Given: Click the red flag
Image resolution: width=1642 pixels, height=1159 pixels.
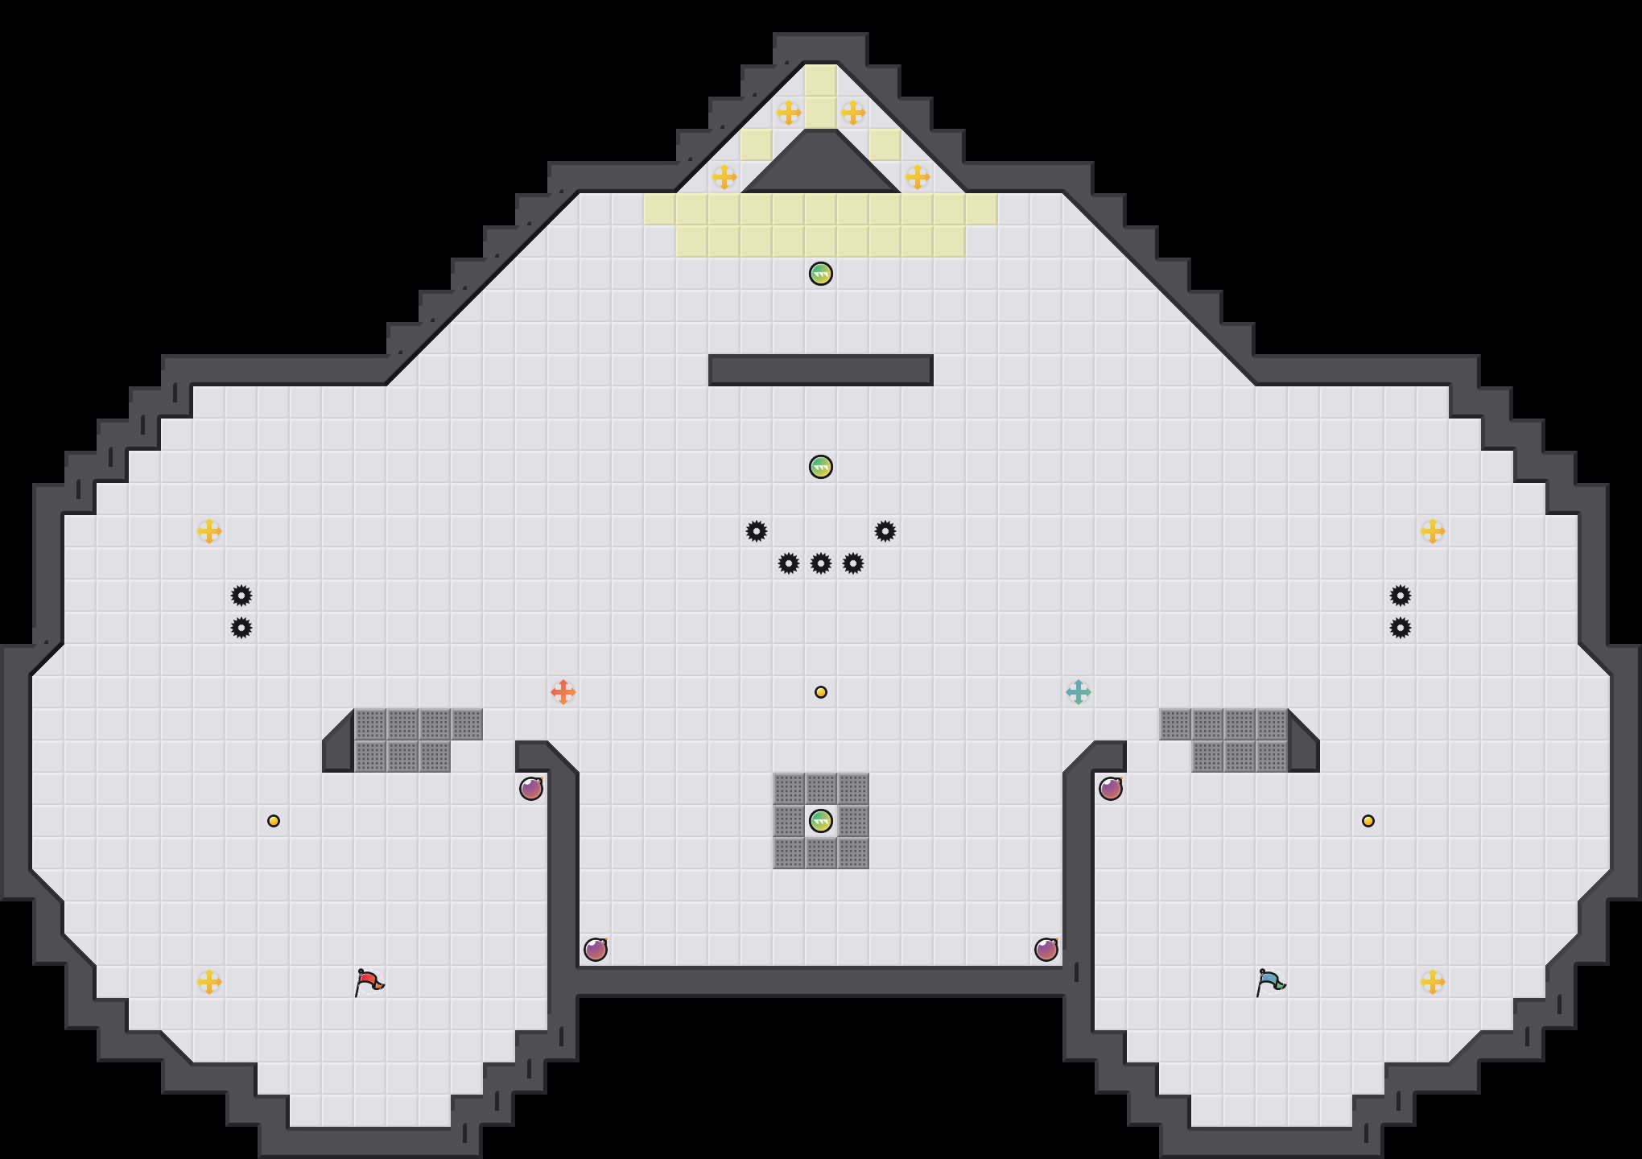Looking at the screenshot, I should point(369,982).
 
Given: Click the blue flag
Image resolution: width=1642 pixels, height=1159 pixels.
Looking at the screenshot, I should point(1270,982).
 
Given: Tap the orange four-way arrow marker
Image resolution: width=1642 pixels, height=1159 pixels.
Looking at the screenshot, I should point(563,692).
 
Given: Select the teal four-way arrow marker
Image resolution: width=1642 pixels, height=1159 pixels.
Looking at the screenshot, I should point(1079,692).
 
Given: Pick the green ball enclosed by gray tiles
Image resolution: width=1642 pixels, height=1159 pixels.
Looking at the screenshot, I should point(821,821).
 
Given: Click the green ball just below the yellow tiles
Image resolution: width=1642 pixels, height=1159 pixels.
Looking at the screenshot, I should point(821,274).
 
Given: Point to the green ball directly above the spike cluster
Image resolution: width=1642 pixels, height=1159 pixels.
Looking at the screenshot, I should point(821,467).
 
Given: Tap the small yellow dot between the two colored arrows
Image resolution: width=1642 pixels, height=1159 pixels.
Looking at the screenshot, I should point(821,692).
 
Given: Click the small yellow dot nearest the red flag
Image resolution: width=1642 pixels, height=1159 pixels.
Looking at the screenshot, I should point(274,821).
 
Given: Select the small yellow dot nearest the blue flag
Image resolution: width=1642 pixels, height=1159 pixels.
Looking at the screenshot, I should point(1368,821).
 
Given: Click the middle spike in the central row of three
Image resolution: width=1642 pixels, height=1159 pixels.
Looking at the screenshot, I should point(821,563).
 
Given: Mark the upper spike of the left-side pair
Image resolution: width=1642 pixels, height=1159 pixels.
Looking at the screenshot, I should point(241,596).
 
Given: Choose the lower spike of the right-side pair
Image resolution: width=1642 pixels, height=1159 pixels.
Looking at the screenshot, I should point(1401,628).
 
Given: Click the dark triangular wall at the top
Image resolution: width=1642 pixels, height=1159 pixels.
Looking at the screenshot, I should point(821,169).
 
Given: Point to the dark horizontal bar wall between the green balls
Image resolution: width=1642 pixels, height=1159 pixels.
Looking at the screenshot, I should point(821,370).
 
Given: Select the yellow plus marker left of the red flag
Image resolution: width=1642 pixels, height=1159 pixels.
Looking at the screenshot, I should point(209,982).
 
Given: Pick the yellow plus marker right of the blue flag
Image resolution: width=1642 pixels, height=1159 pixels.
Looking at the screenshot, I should point(1433,982).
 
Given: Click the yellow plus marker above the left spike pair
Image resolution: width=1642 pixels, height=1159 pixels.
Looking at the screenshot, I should point(209,531).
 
